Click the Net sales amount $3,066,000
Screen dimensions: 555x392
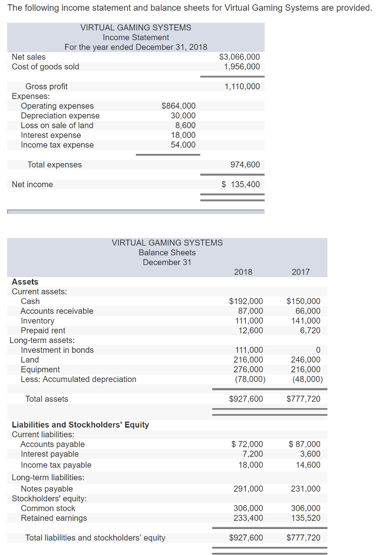[x=239, y=57]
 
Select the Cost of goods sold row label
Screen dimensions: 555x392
[x=45, y=67]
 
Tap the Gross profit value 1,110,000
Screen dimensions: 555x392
[x=241, y=87]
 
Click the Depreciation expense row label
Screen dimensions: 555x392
[x=60, y=115]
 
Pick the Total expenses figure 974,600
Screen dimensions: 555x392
[x=245, y=165]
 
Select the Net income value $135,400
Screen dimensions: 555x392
[x=241, y=185]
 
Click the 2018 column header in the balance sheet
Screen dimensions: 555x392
[x=243, y=272]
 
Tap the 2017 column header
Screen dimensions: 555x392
[x=300, y=272]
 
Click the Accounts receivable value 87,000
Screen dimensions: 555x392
[x=251, y=311]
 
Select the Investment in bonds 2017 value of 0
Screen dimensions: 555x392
[x=318, y=350]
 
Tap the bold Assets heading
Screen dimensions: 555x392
[x=25, y=282]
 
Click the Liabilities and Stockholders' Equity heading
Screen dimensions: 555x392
[x=80, y=425]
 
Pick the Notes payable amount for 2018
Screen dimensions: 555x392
[x=248, y=489]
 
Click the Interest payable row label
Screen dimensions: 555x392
[x=49, y=454]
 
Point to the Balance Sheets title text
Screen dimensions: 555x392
[x=167, y=253]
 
